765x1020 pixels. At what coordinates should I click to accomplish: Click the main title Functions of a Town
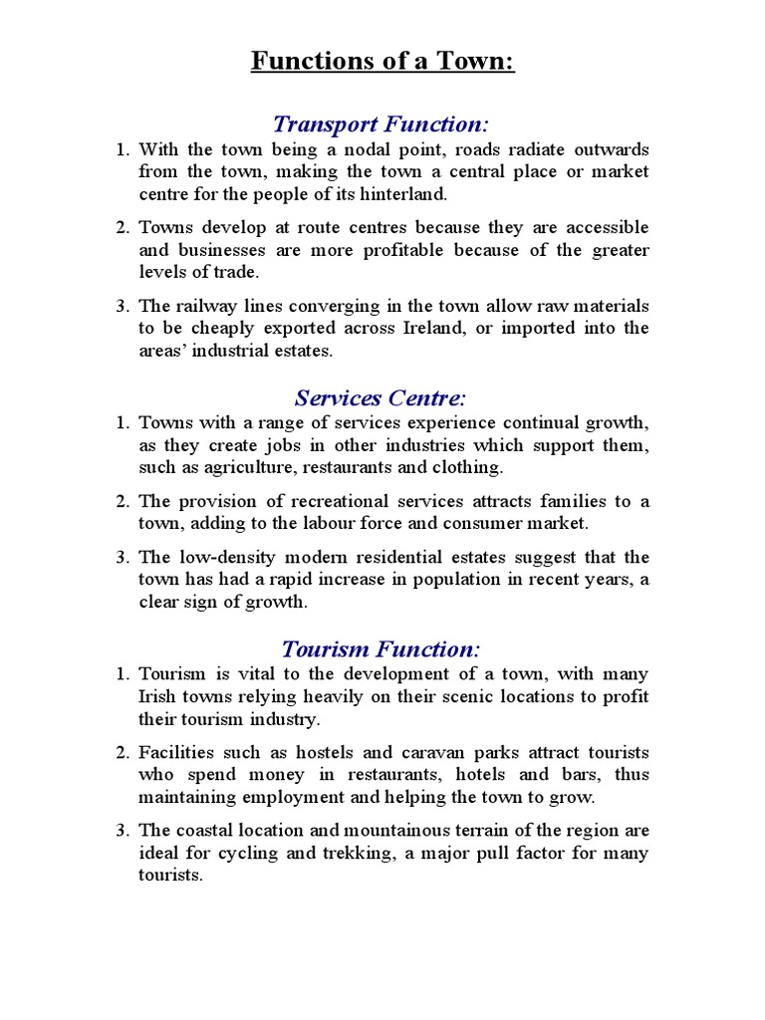(x=382, y=62)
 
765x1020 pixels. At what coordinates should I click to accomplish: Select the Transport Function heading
(x=382, y=124)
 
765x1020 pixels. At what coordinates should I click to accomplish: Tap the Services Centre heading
(x=382, y=398)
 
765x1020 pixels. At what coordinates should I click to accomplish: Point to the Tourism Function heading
(x=382, y=649)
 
